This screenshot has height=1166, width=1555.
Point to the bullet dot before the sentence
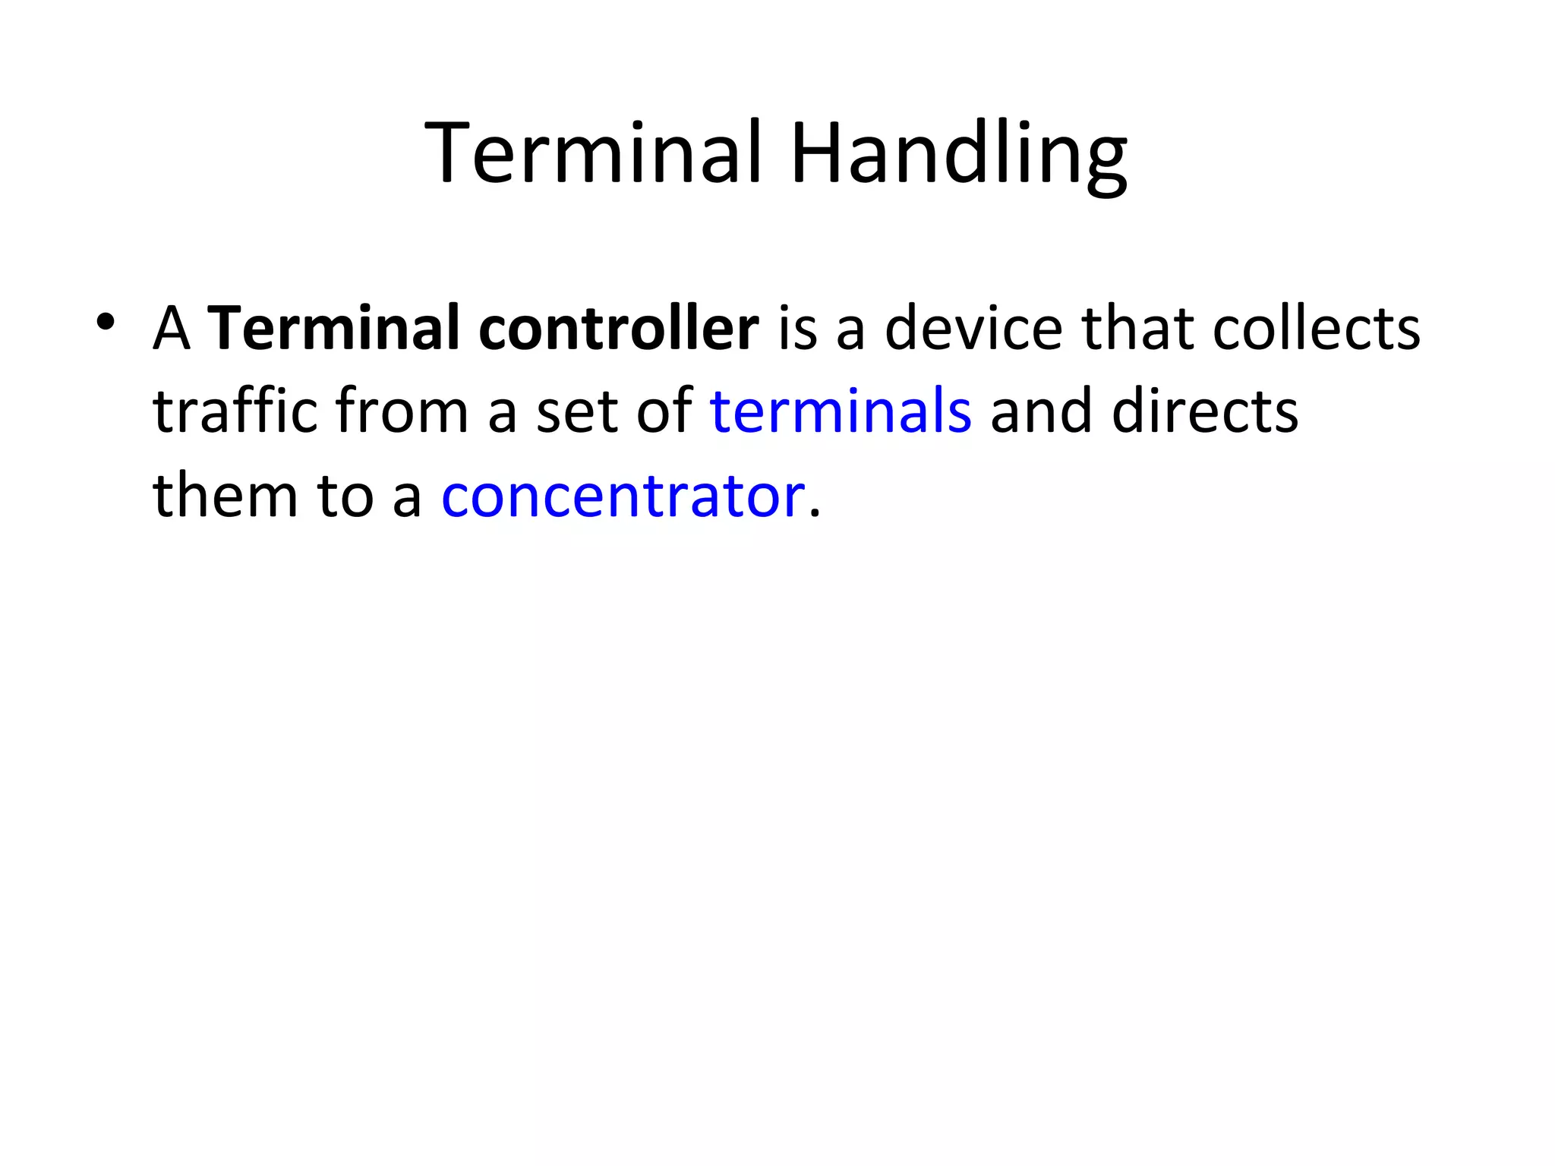pyautogui.click(x=106, y=322)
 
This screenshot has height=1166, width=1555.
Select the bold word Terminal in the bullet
pyautogui.click(x=334, y=328)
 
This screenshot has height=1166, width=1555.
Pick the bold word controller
pyautogui.click(x=619, y=328)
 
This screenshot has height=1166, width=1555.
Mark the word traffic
pyautogui.click(x=234, y=411)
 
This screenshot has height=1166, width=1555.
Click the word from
pyautogui.click(x=401, y=411)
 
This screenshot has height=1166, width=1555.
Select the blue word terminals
pyautogui.click(x=841, y=411)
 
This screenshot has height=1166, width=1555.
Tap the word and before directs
pyautogui.click(x=1041, y=411)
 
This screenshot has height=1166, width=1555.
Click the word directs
pyautogui.click(x=1205, y=411)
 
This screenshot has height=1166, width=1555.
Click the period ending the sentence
pyautogui.click(x=815, y=513)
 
